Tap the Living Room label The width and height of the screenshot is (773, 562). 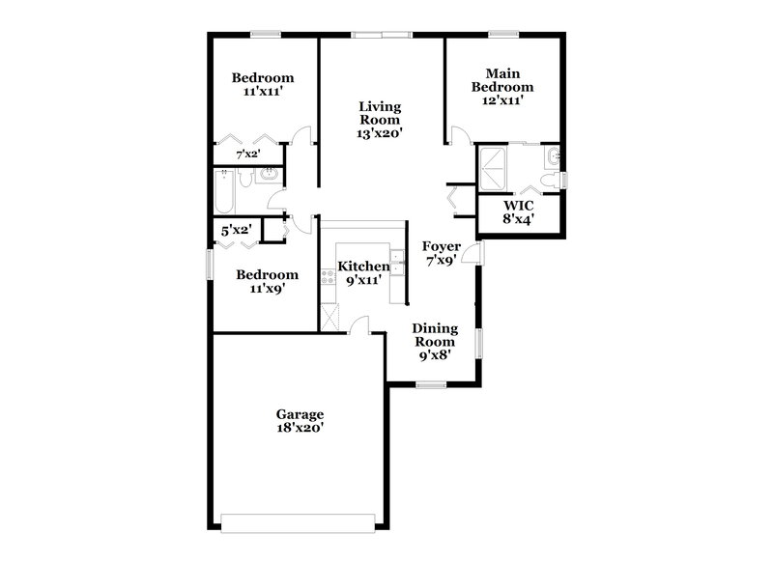(380, 120)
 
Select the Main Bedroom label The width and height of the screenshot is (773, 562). (502, 86)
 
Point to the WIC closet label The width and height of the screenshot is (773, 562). (519, 211)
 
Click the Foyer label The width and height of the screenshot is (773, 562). (442, 253)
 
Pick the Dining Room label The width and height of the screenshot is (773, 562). (435, 341)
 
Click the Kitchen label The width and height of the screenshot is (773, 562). (363, 272)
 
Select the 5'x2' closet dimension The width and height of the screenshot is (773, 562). (236, 230)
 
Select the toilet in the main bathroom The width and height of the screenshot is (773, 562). (549, 181)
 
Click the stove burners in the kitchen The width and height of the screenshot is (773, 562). (328, 275)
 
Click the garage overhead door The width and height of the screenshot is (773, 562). (296, 522)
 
